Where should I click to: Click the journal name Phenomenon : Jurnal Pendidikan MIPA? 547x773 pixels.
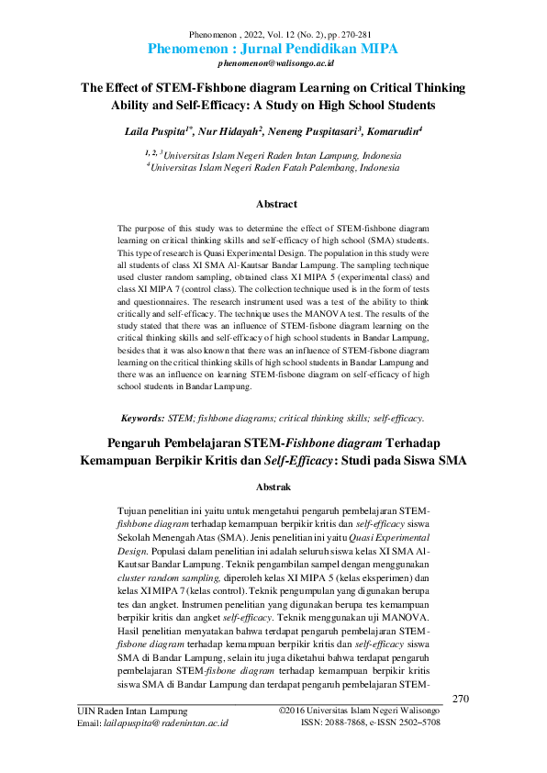pos(273,49)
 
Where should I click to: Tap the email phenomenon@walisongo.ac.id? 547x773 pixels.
pos(273,66)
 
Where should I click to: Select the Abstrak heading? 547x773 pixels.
pos(273,486)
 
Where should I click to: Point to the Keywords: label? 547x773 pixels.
pos(142,418)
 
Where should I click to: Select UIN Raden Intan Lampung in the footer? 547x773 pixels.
pos(132,711)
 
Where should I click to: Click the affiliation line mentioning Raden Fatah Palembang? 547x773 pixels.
pos(273,169)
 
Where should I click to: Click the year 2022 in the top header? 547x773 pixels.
pos(248,32)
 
